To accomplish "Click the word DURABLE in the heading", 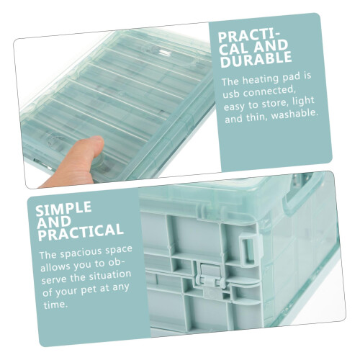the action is tap(256, 59).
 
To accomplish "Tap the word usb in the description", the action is tap(230, 94).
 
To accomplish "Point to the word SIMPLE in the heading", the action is tap(64, 208).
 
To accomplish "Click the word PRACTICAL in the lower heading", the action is tap(81, 232).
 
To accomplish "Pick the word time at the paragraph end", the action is tap(55, 305).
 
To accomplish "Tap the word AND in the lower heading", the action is tap(54, 222).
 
